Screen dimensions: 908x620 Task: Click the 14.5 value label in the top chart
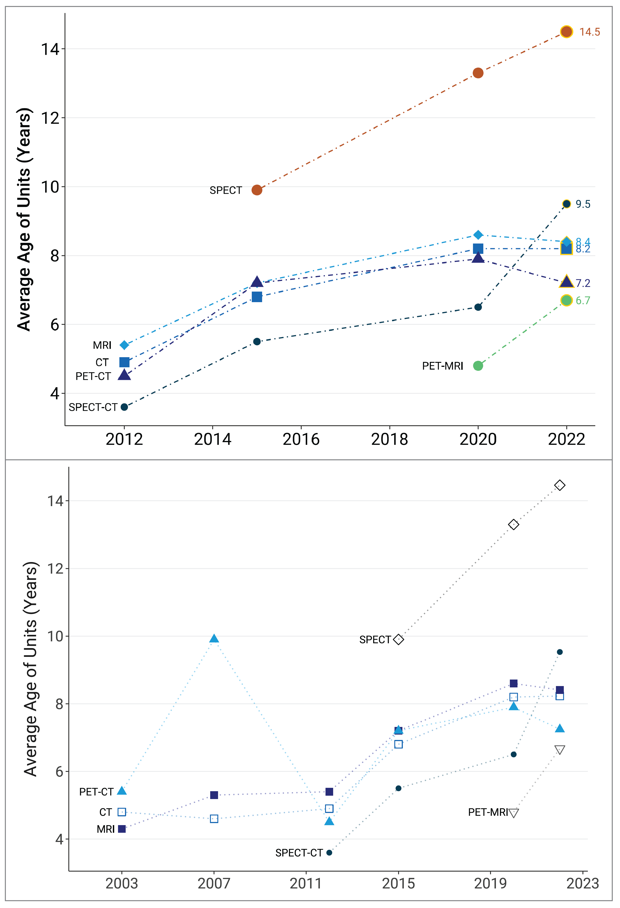tap(589, 32)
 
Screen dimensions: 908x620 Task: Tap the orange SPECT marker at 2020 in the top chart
tap(478, 73)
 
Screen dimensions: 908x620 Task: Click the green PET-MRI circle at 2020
tap(478, 366)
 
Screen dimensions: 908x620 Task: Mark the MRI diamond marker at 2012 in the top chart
tap(124, 345)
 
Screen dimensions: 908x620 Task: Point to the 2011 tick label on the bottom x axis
tap(306, 883)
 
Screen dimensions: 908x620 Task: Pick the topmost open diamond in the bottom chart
tap(559, 485)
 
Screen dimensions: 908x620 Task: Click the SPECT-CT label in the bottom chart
tap(299, 853)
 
